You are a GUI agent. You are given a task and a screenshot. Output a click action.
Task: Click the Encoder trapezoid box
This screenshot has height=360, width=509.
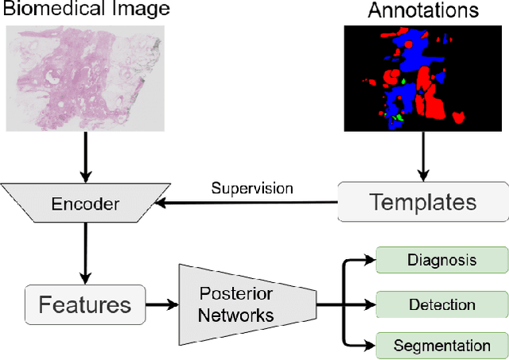(x=85, y=204)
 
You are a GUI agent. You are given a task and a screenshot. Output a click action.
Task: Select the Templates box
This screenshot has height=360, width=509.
(x=422, y=201)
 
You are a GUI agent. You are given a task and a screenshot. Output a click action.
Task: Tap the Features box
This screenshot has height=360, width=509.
(x=85, y=303)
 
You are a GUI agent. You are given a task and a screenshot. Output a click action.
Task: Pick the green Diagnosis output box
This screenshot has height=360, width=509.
(x=441, y=260)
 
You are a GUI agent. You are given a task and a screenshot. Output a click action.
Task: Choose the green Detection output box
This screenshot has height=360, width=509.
(x=441, y=304)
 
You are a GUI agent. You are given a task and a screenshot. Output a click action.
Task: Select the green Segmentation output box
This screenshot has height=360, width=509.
(x=441, y=346)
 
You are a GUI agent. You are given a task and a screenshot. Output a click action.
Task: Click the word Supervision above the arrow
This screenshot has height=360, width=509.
(x=251, y=188)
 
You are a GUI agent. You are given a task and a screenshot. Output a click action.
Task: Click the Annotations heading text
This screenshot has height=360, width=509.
(x=424, y=11)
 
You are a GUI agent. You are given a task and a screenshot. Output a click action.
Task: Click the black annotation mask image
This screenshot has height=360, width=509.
(x=423, y=78)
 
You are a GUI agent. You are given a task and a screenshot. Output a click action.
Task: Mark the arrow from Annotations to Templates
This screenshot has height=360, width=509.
(x=423, y=156)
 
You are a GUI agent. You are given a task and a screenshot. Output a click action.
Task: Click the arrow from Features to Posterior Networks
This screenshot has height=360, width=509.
(x=162, y=304)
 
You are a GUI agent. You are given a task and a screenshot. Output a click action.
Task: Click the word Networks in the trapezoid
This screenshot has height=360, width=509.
(x=236, y=315)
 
